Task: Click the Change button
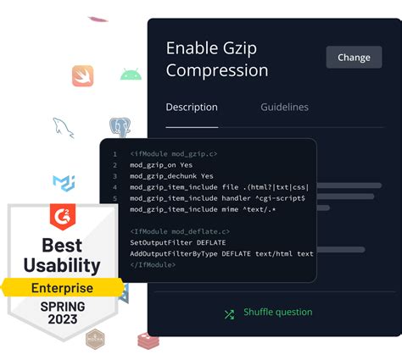tap(354, 58)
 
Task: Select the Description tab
tap(192, 108)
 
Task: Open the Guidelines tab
tap(284, 108)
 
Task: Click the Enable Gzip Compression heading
tap(217, 59)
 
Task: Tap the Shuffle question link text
tap(277, 313)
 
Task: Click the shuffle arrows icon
tap(229, 313)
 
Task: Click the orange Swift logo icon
tap(82, 76)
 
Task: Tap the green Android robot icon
tap(131, 75)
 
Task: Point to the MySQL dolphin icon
tap(64, 128)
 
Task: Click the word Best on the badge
tap(62, 246)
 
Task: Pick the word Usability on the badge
tap(63, 267)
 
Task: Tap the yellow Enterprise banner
tap(62, 289)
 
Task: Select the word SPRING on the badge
tap(62, 306)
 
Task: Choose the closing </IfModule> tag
tap(153, 264)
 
